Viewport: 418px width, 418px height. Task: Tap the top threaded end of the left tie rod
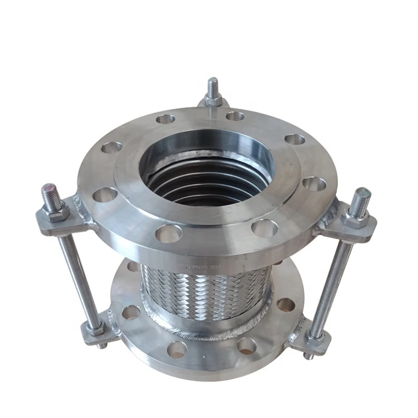(x=51, y=193)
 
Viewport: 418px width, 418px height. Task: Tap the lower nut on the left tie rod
(x=95, y=329)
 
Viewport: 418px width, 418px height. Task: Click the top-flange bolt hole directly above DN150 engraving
(x=169, y=234)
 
